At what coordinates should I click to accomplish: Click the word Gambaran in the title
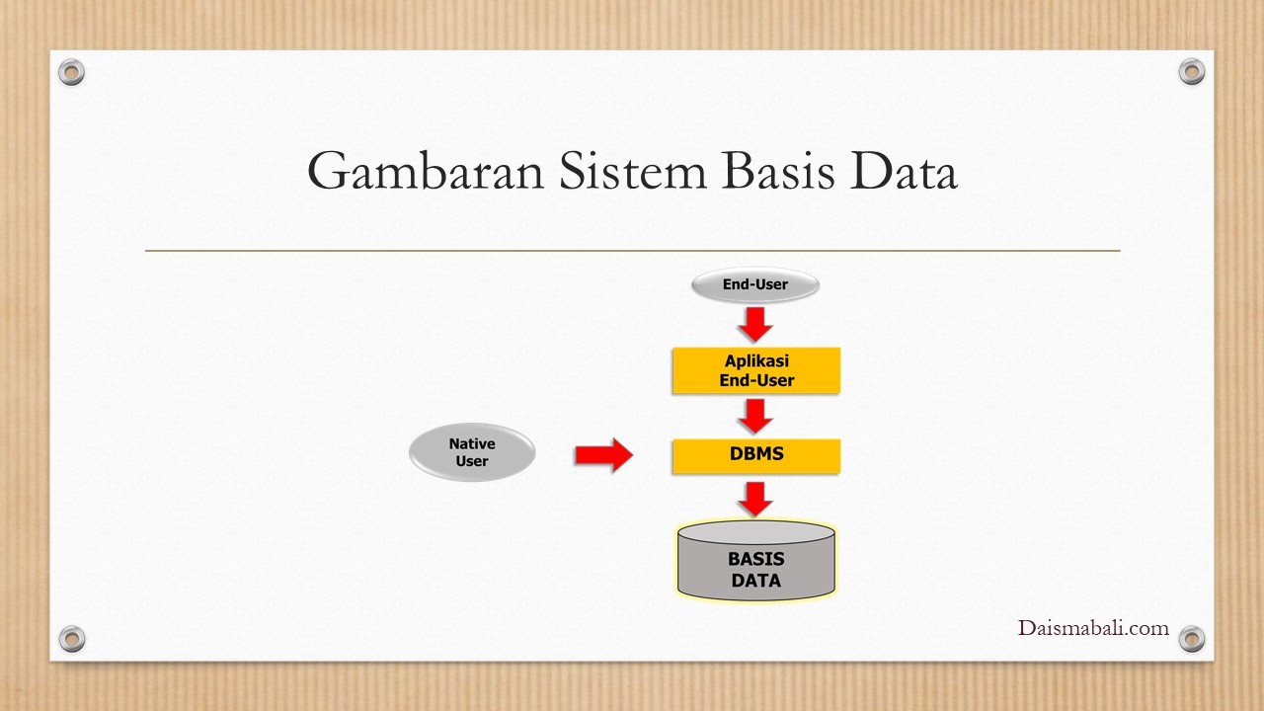tap(427, 172)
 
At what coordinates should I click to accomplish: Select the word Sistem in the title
tap(632, 172)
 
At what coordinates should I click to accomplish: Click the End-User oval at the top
tap(755, 285)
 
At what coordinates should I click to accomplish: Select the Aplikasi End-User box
tap(755, 370)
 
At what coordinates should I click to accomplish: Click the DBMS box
tap(755, 455)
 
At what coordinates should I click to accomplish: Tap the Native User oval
tap(472, 453)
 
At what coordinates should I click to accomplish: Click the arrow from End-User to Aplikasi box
tap(755, 324)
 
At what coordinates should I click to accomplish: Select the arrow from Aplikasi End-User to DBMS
tap(755, 415)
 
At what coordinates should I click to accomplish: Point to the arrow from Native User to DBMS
tap(603, 454)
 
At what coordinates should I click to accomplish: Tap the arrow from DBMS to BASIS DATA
tap(755, 499)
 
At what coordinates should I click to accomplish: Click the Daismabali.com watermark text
tap(1093, 628)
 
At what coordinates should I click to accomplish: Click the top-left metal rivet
tap(71, 71)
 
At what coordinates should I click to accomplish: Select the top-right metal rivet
tap(1192, 71)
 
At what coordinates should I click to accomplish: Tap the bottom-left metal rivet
tap(71, 638)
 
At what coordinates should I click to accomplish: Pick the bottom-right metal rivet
tap(1192, 638)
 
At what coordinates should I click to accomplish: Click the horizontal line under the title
tap(632, 251)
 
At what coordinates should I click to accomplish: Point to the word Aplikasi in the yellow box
tap(756, 361)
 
